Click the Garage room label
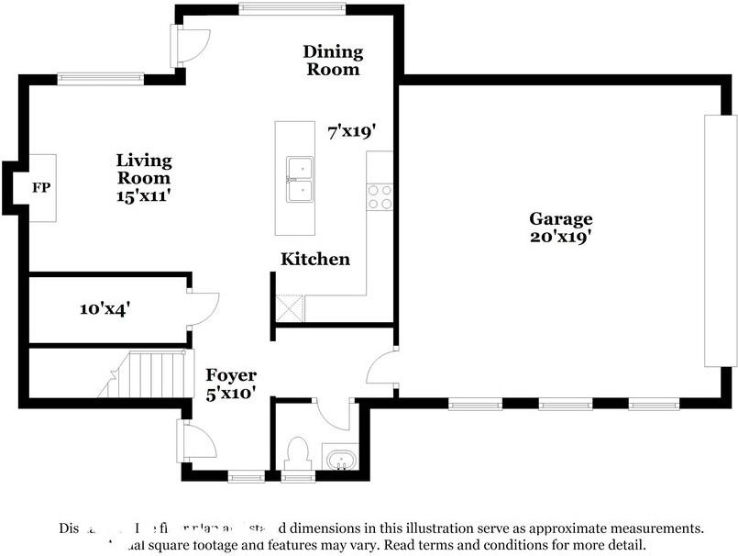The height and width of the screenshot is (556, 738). coord(560,218)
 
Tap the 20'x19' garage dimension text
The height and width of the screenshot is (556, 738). coord(560,237)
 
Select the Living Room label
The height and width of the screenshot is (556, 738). coord(142,168)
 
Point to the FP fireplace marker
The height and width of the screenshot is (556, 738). coord(40,188)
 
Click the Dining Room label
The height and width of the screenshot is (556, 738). coord(333,60)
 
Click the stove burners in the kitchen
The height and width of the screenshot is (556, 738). coord(380,197)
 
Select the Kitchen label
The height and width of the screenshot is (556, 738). coord(314,260)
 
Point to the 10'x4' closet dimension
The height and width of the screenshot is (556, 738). coord(105,309)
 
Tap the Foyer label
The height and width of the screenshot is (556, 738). coord(230,375)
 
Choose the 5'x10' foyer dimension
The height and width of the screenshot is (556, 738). coord(230,393)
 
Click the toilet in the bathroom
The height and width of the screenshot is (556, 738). coord(297,454)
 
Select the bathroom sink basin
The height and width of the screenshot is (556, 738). coord(340,458)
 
